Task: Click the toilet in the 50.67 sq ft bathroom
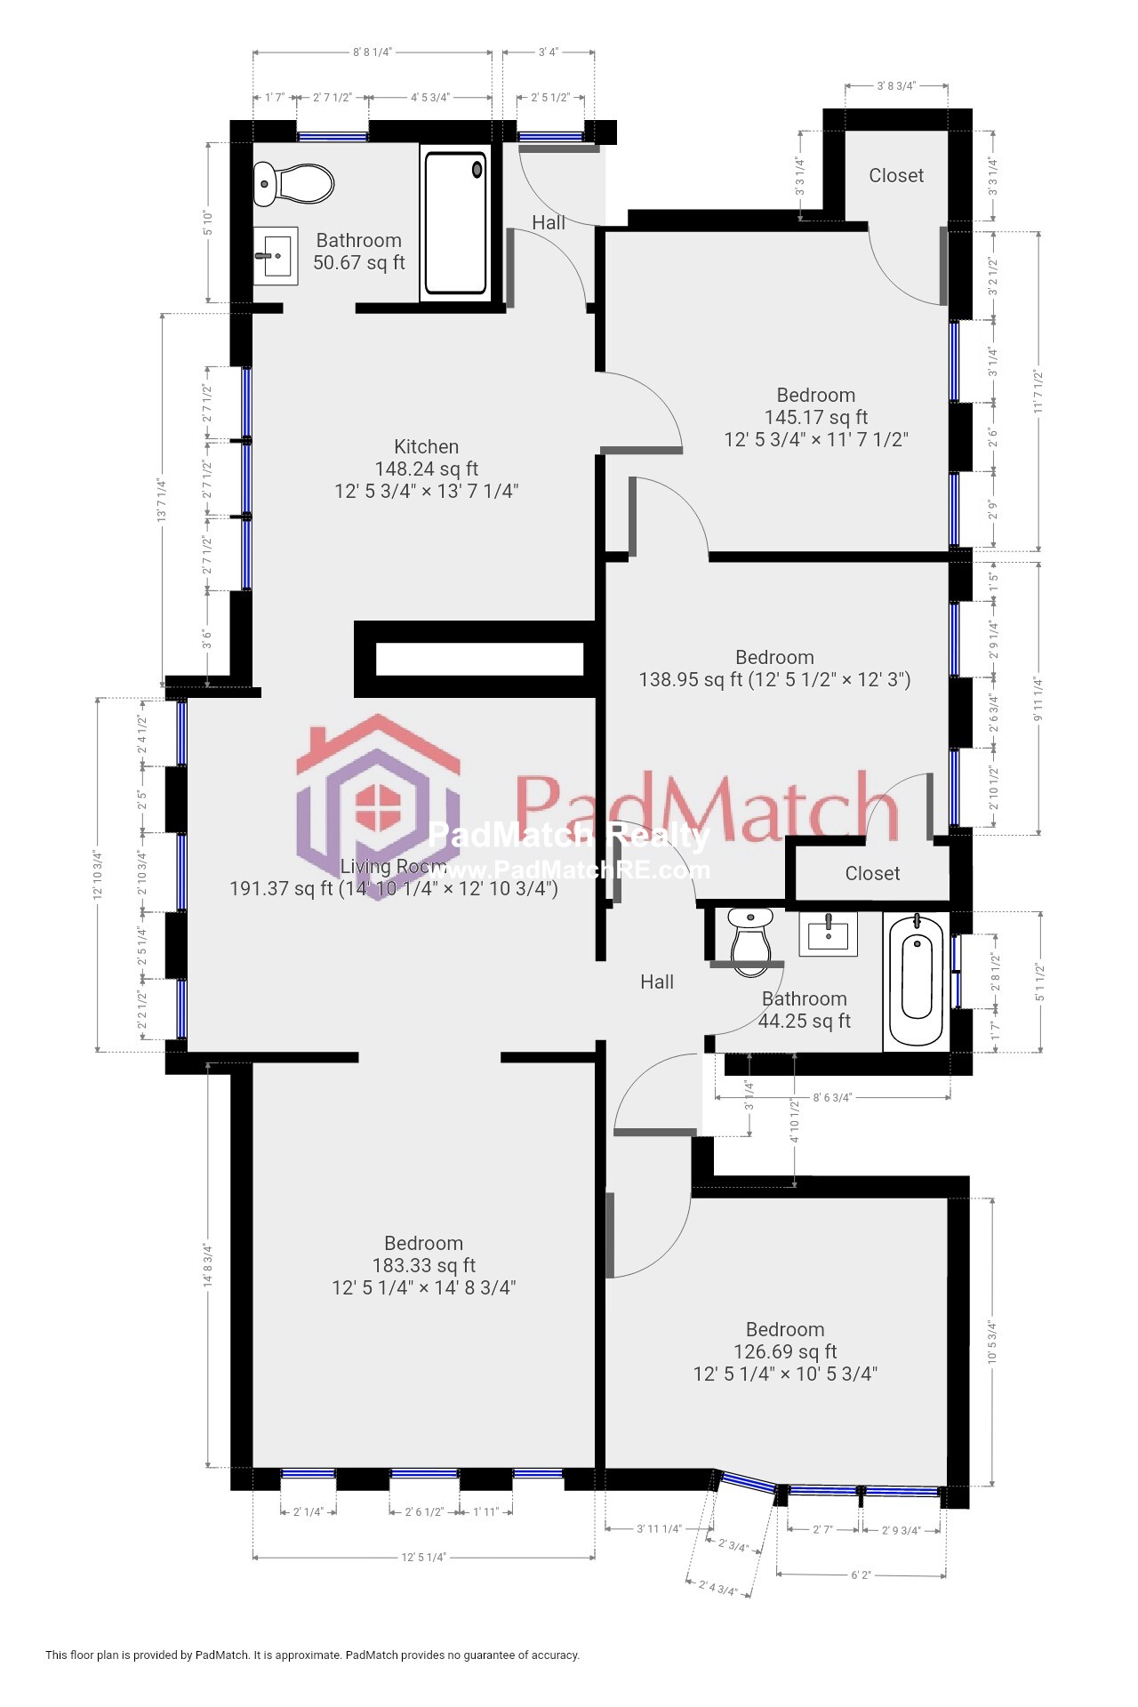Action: coord(293,184)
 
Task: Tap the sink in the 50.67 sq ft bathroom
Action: coord(276,256)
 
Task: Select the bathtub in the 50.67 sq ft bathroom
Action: coord(455,223)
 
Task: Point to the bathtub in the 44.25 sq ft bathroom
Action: coord(916,979)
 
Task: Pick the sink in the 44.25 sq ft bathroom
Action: coord(828,934)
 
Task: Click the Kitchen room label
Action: coord(426,446)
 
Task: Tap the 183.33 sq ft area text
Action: coord(424,1265)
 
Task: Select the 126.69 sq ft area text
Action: coord(785,1351)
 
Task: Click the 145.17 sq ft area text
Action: coord(815,417)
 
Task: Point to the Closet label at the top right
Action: coord(896,175)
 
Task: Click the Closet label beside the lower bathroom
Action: coord(872,873)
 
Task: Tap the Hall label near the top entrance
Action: coord(549,222)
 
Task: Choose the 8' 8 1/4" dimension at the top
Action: coord(372,52)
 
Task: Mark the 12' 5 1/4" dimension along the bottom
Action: coord(423,1557)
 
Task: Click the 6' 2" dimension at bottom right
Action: coord(861,1575)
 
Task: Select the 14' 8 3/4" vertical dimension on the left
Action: coord(208,1264)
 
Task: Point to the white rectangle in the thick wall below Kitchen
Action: coord(479,659)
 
